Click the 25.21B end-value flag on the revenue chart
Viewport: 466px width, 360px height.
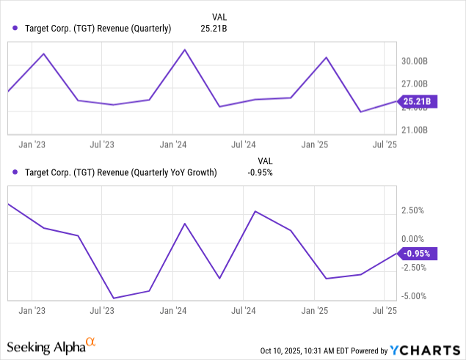tap(418, 101)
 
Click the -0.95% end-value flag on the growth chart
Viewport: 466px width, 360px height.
tap(418, 254)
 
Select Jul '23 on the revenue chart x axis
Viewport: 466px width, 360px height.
tap(102, 145)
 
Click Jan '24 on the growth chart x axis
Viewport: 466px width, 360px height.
tap(172, 311)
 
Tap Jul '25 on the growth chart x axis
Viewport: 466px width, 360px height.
tap(385, 311)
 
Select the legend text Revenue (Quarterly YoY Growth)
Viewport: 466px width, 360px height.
tap(121, 173)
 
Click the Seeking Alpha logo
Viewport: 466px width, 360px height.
tap(51, 345)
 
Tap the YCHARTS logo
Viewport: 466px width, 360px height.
tap(421, 349)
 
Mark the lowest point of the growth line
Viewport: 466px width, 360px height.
tap(114, 298)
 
